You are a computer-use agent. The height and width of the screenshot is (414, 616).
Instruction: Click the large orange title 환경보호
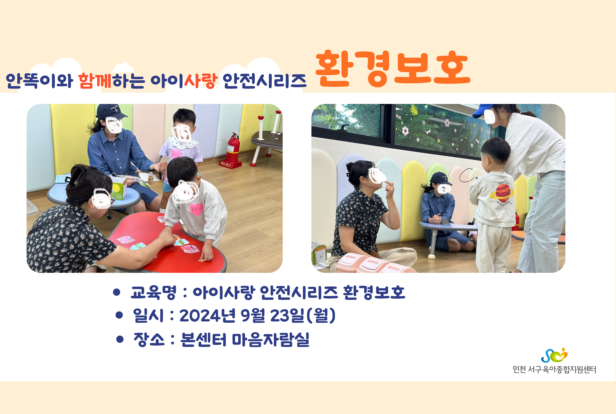[393, 69]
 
